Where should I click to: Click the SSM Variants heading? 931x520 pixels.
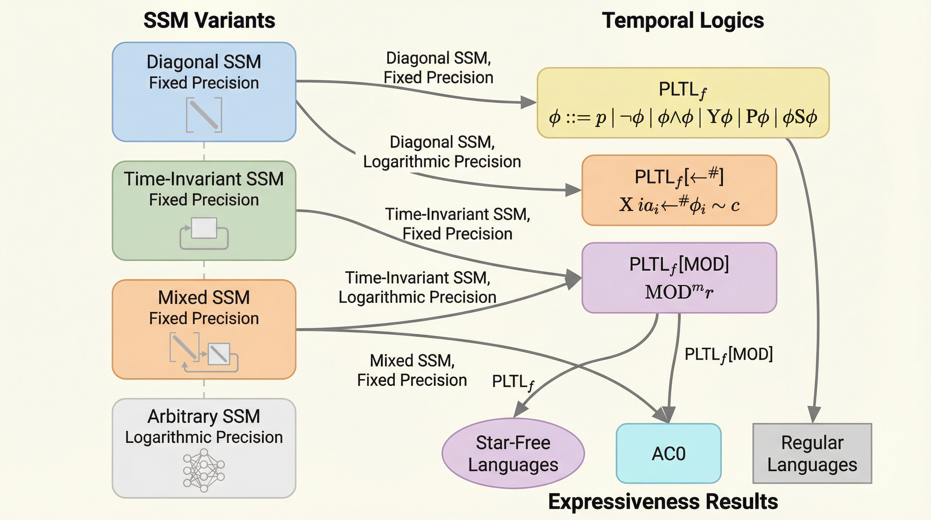(209, 20)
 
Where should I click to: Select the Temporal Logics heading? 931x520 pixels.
(683, 20)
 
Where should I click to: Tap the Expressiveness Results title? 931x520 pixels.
(663, 502)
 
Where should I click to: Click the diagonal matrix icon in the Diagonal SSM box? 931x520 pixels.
(204, 115)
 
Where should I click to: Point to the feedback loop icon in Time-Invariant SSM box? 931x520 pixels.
(204, 233)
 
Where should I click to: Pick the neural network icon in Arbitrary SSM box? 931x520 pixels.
(204, 470)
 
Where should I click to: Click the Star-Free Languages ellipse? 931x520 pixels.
(513, 453)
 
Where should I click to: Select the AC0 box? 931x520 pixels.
(668, 453)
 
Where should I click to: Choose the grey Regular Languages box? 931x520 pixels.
(812, 453)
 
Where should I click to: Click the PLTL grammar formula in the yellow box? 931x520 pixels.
(683, 117)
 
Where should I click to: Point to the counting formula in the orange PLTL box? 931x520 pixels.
(679, 205)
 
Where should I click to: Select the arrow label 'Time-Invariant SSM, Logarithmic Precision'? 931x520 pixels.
(417, 287)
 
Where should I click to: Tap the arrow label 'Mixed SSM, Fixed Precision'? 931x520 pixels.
(412, 370)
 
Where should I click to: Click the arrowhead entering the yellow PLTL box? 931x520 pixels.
(528, 102)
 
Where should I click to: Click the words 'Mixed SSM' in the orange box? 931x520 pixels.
(204, 298)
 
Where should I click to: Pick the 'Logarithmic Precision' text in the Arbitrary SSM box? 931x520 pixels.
(204, 437)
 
